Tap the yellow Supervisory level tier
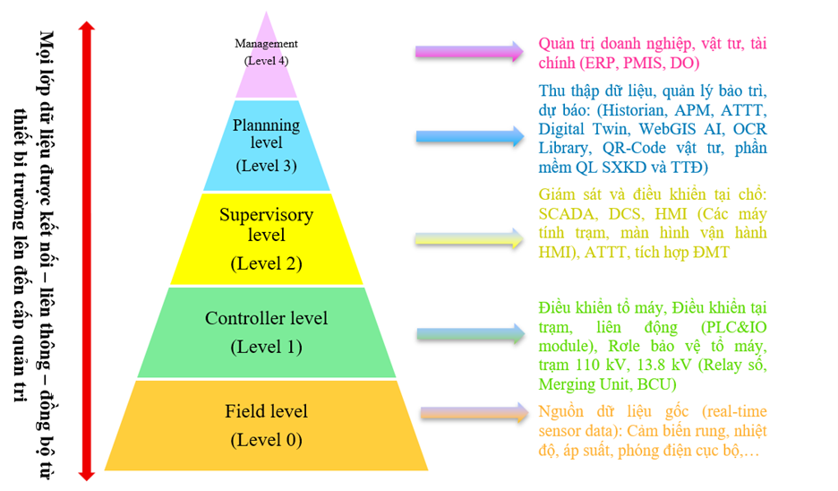point(266,237)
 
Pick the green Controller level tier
point(266,332)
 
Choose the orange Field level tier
point(266,425)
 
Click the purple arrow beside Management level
point(468,51)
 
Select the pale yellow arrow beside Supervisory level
point(468,237)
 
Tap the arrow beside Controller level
point(468,334)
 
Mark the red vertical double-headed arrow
point(87,251)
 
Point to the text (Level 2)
point(266,263)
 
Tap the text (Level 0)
point(266,440)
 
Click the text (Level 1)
point(266,346)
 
